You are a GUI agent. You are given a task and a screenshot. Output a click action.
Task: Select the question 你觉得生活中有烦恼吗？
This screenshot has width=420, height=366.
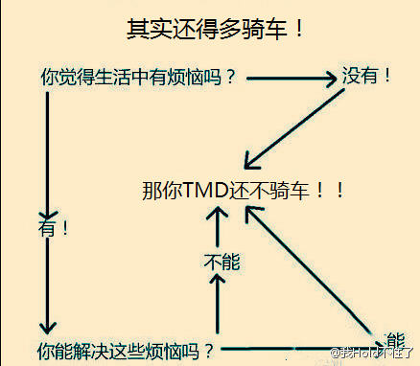(140, 77)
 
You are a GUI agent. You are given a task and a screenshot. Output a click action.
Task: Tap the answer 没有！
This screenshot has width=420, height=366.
(367, 76)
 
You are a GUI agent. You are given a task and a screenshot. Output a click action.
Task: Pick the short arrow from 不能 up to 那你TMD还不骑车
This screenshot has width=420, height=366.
(220, 226)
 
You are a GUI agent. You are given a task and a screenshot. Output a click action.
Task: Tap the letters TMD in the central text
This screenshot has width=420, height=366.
(206, 189)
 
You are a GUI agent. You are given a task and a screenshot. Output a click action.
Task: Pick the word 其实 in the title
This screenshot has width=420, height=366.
(149, 29)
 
